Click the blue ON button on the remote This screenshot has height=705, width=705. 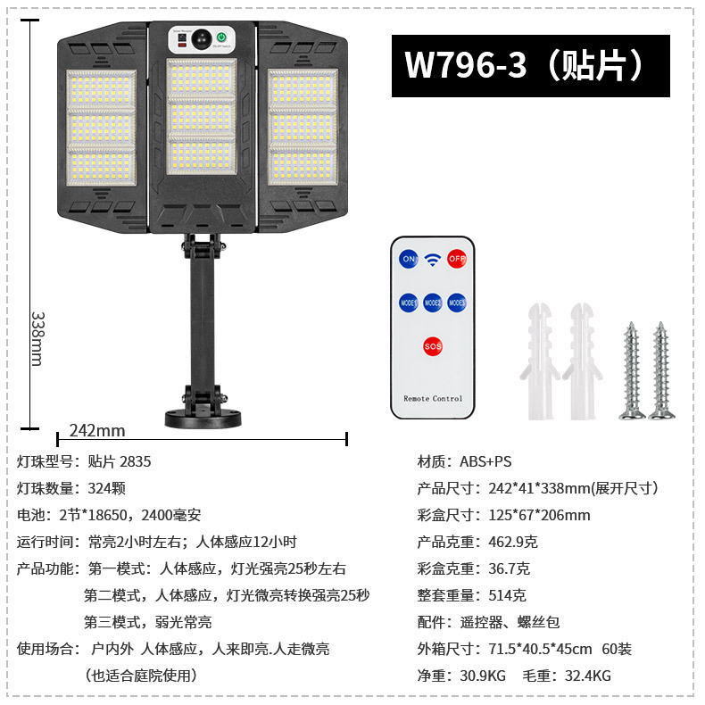point(410,259)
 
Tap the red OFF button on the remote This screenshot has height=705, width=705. point(457,259)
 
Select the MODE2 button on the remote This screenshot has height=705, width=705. point(433,303)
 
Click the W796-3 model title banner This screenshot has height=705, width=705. point(530,66)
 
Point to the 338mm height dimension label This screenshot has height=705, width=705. point(37,337)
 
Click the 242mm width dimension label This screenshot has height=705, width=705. point(97,431)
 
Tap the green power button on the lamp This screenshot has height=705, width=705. point(221,38)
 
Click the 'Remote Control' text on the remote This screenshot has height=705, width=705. point(433,398)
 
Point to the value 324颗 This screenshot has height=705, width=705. point(106,488)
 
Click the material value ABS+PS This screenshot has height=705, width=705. point(485,461)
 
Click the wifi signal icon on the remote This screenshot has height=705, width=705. point(433,260)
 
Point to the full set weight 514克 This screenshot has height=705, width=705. point(507,595)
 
